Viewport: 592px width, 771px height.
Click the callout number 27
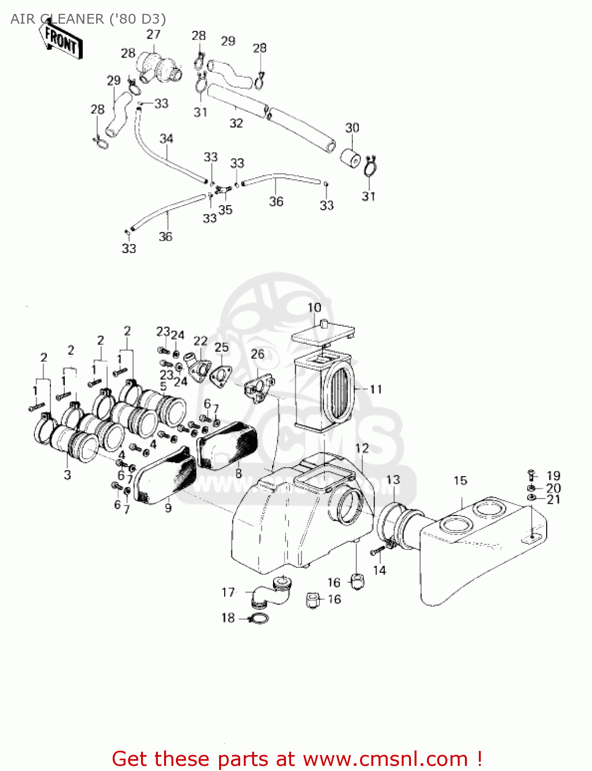(x=153, y=34)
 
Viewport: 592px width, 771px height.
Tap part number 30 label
(x=352, y=127)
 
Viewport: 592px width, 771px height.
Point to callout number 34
(x=166, y=138)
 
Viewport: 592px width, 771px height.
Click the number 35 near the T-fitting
(x=225, y=210)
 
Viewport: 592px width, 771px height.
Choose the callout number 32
(x=236, y=123)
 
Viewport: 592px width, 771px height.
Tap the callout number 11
(x=376, y=389)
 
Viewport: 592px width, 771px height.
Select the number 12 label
(x=362, y=448)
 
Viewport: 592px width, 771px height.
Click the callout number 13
(x=393, y=480)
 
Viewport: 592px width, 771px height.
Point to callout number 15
(x=460, y=481)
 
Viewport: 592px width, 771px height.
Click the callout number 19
(x=553, y=476)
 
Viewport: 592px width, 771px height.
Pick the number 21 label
(x=553, y=500)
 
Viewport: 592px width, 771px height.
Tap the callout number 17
(x=228, y=593)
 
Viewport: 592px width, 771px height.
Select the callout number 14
(x=379, y=570)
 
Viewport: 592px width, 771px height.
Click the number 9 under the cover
(x=168, y=508)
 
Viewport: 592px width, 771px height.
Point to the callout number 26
(x=258, y=354)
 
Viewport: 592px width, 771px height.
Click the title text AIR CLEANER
(x=57, y=19)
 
